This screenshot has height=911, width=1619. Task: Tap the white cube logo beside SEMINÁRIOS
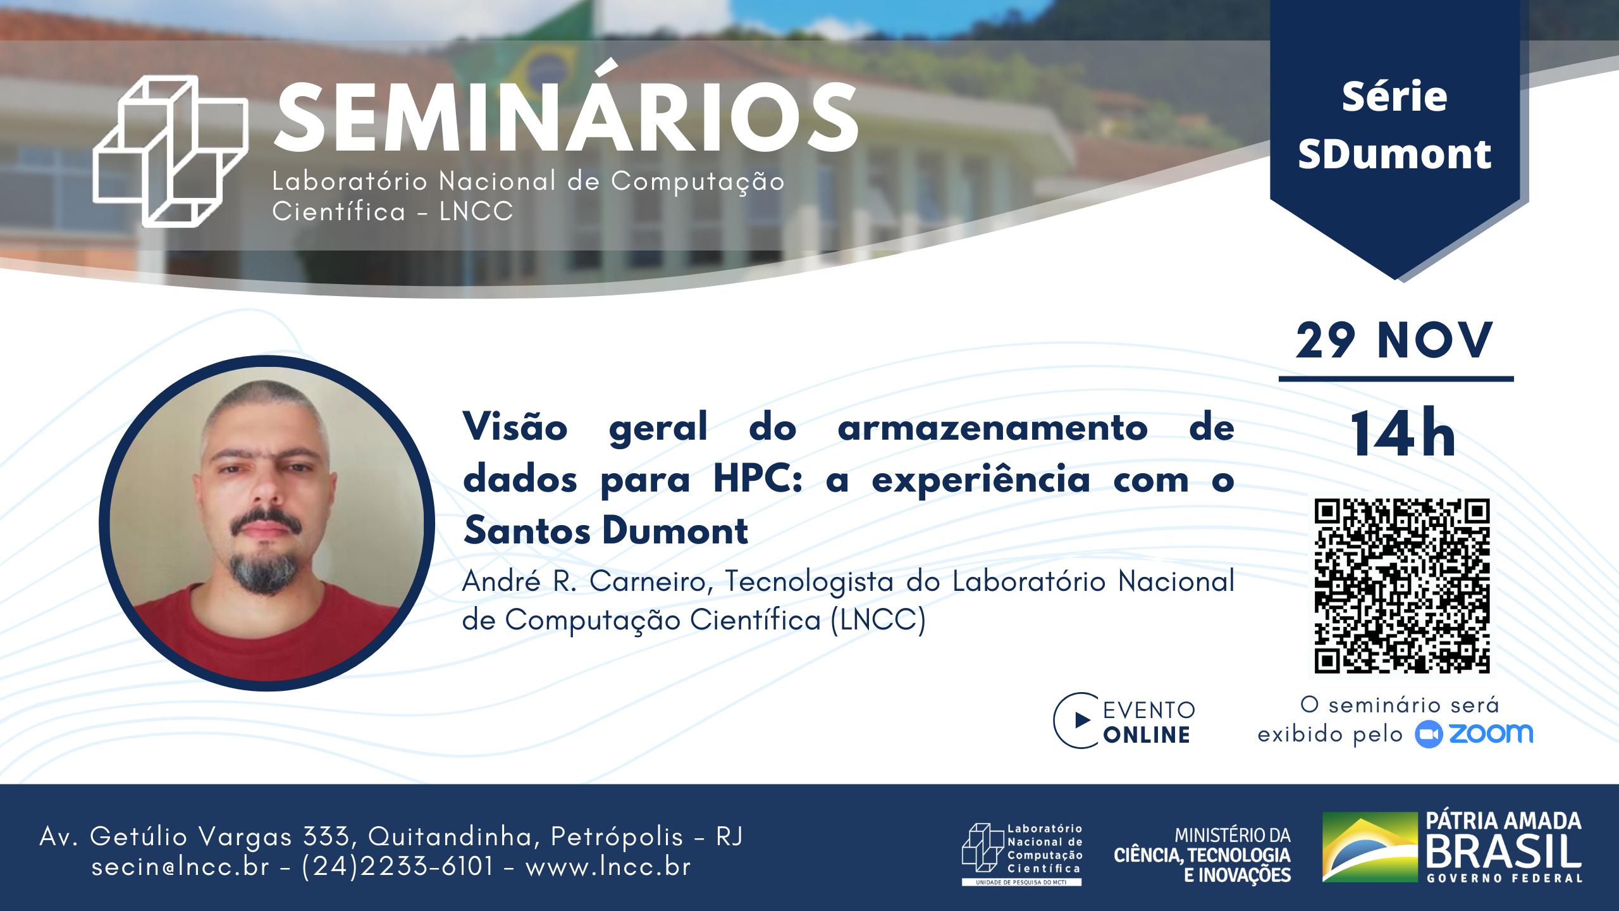(169, 151)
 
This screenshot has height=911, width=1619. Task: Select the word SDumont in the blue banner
(1394, 154)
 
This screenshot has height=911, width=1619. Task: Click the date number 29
(1326, 340)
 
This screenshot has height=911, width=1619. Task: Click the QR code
(1401, 585)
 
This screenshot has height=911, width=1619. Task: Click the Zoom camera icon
(1429, 734)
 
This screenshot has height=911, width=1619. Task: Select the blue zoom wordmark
(1491, 733)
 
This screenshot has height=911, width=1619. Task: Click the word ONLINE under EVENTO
(1147, 735)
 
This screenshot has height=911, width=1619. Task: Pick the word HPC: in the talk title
(758, 479)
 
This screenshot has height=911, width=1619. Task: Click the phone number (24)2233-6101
(397, 866)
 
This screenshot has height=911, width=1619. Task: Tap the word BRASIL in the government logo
(1503, 851)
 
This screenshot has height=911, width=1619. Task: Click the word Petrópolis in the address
(617, 837)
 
